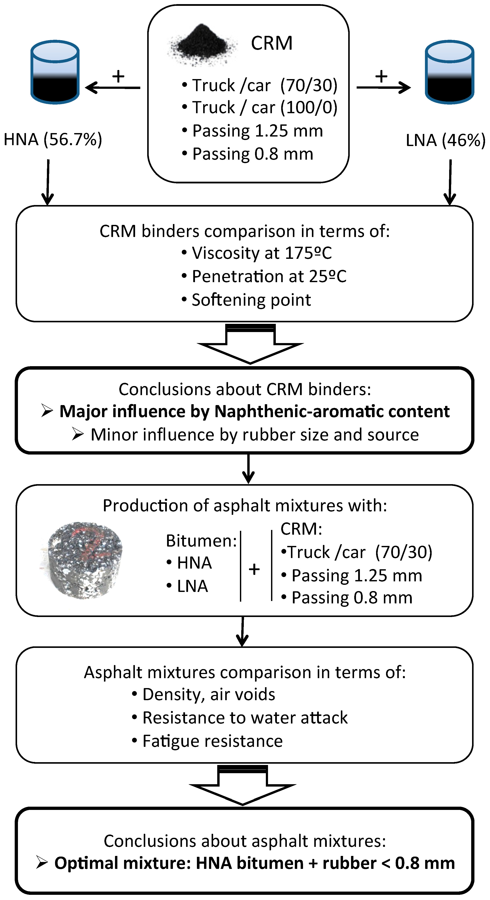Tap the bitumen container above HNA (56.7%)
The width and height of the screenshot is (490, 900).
click(x=55, y=72)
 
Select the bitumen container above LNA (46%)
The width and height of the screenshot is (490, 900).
click(x=449, y=72)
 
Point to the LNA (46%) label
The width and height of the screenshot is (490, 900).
click(x=446, y=140)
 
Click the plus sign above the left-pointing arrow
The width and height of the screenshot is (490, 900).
click(x=118, y=76)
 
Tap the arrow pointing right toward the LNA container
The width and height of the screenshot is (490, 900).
click(x=383, y=87)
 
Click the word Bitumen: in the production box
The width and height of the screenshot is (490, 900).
click(x=201, y=541)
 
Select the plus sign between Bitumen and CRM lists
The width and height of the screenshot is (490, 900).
click(x=254, y=569)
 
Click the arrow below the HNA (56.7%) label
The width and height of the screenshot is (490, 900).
click(x=48, y=182)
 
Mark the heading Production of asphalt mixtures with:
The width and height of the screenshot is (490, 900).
click(x=245, y=506)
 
